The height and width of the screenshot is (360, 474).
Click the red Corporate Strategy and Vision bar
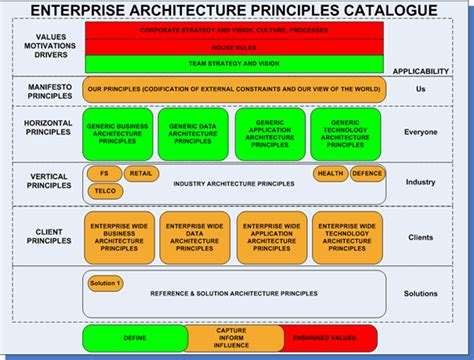(x=235, y=31)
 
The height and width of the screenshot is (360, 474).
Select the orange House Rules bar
(x=235, y=47)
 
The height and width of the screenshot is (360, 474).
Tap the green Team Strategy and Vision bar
(x=235, y=62)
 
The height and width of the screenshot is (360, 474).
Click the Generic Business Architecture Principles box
(x=118, y=133)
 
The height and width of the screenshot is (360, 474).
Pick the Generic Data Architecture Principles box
(x=193, y=133)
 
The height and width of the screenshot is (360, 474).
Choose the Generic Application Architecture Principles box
(x=269, y=133)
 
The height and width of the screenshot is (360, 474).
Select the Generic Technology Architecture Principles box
(x=345, y=133)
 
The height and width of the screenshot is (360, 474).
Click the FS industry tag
(x=104, y=173)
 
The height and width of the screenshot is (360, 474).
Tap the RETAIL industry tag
(x=141, y=173)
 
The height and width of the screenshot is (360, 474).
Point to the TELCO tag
(x=107, y=190)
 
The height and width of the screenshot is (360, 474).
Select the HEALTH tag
(x=329, y=173)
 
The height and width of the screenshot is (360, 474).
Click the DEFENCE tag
(x=366, y=173)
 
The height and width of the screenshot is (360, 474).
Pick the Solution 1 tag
(x=105, y=283)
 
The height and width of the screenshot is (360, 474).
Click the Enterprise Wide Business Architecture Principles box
(x=118, y=237)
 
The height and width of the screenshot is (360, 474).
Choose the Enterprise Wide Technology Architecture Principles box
(x=346, y=237)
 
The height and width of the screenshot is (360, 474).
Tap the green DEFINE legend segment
(x=134, y=339)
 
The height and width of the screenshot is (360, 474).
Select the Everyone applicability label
(x=420, y=131)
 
